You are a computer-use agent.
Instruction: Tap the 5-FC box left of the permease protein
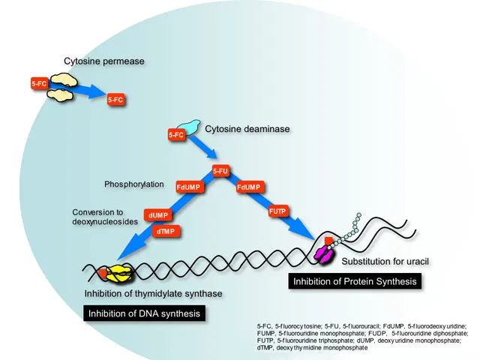pyautogui.click(x=40, y=85)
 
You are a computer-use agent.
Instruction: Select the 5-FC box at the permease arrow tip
pyautogui.click(x=115, y=99)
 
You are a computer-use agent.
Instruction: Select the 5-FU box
pyautogui.click(x=220, y=171)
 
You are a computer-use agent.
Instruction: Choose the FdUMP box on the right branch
pyautogui.click(x=248, y=186)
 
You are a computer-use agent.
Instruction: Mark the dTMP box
pyautogui.click(x=166, y=232)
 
